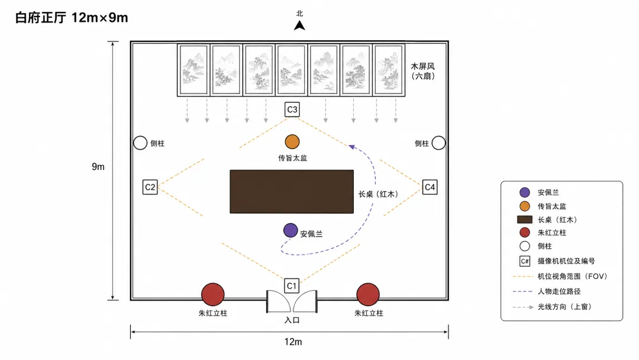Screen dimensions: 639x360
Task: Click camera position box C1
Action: tap(291, 286)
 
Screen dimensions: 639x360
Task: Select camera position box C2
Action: tap(150, 187)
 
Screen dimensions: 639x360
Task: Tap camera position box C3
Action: tap(292, 110)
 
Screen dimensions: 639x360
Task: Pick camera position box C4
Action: tap(430, 187)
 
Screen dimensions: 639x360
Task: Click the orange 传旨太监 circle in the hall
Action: tap(292, 142)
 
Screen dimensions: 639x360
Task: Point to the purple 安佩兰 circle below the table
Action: tap(291, 230)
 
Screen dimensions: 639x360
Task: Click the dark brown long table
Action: tap(292, 192)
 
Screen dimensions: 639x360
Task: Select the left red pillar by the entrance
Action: tap(213, 294)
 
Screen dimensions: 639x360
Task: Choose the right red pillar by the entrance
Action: tap(368, 294)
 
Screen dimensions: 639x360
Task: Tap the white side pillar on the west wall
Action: tap(140, 143)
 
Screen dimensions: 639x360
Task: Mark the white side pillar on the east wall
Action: tap(438, 143)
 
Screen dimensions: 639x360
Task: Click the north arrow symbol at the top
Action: tap(299, 25)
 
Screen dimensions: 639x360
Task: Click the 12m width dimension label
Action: tap(293, 342)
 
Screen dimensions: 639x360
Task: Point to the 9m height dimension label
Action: tap(98, 166)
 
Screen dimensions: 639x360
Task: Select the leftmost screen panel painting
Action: tap(193, 70)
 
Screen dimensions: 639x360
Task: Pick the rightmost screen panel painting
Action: tap(389, 70)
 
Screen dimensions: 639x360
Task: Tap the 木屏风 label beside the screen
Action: tap(422, 66)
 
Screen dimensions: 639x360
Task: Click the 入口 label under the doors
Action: tap(292, 320)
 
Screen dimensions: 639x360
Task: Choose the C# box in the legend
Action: tap(525, 261)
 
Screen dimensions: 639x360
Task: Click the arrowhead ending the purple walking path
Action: tap(351, 147)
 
